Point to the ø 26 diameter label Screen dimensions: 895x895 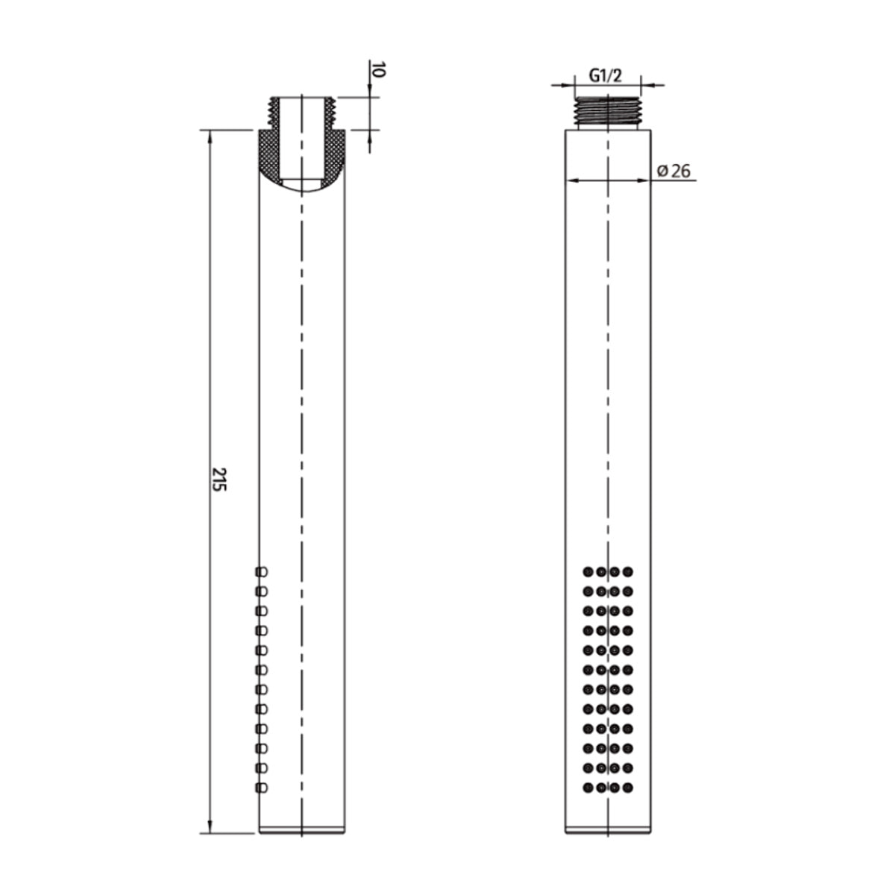tap(674, 171)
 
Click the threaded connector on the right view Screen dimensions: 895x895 tap(607, 113)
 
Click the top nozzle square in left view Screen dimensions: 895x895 tap(262, 571)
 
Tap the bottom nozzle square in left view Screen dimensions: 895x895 tap(262, 788)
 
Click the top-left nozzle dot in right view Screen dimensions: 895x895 tap(588, 571)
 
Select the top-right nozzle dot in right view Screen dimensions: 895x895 tap(628, 571)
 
